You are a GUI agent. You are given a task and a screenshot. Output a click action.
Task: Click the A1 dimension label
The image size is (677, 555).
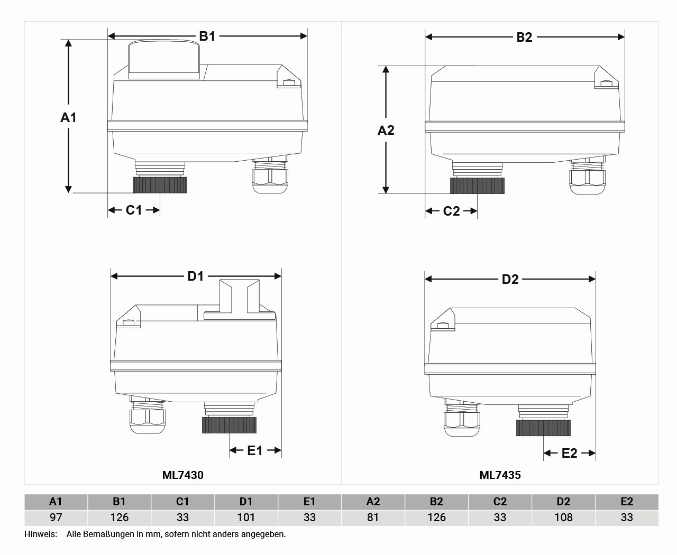tap(68, 117)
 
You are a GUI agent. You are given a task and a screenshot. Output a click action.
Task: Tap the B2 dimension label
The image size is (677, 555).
tap(524, 37)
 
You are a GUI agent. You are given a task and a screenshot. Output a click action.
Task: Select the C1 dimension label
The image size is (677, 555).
tap(133, 210)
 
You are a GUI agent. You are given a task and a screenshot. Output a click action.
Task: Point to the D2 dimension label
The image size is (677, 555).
tap(510, 280)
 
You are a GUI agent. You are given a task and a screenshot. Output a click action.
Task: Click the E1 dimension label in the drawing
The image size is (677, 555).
tap(255, 451)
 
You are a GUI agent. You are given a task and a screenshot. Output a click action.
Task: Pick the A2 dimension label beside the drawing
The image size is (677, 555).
tap(386, 131)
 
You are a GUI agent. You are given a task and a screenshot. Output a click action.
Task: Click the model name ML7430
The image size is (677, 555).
tap(182, 475)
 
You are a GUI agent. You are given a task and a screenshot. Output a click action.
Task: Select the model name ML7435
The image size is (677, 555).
tap(500, 475)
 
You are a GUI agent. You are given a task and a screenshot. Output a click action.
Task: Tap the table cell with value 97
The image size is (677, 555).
tap(56, 517)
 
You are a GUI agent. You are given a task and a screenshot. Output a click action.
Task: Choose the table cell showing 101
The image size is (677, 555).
tap(246, 517)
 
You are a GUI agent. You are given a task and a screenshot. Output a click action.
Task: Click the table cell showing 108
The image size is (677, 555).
tap(563, 517)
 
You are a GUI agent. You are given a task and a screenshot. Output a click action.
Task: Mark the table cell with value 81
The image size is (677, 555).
tap(373, 517)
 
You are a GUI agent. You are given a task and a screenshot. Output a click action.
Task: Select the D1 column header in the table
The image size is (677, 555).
tap(246, 502)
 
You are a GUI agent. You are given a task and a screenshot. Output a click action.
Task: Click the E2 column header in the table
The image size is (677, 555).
tap(627, 502)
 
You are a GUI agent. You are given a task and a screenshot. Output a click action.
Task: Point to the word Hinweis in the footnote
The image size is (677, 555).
tap(40, 534)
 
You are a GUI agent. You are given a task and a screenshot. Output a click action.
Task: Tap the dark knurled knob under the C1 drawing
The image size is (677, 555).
tap(160, 185)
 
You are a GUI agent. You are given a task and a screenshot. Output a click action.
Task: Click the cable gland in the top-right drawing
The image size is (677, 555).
tap(587, 177)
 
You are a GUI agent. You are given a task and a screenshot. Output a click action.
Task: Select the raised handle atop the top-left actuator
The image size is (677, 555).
tap(164, 59)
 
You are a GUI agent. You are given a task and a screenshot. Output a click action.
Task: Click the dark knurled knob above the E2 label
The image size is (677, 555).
tap(543, 428)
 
